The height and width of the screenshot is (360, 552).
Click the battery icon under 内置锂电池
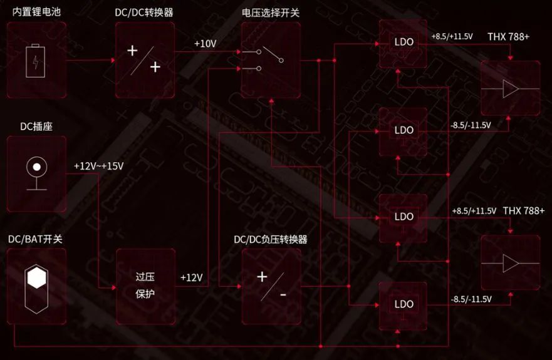pos(36,61)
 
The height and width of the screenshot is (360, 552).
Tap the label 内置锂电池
pos(35,11)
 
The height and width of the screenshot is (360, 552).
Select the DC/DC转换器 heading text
pos(145,11)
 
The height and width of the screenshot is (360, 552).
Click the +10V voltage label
pos(205,44)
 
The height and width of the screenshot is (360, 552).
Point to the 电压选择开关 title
pos(271,11)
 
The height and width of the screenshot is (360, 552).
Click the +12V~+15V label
pos(98,167)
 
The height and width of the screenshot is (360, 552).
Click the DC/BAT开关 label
pos(35,240)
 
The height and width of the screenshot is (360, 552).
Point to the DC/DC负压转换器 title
pos(271,240)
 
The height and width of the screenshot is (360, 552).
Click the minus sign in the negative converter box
pos(283,294)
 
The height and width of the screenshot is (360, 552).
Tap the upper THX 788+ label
pos(509,37)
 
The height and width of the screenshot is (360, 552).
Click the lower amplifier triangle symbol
pos(510,264)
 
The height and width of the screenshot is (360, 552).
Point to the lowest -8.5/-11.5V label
pos(471,299)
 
